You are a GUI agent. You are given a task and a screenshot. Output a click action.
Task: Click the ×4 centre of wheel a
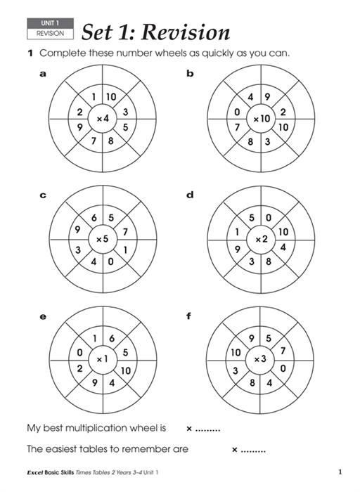point(103,119)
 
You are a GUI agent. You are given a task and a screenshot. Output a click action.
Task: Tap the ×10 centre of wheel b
point(262,119)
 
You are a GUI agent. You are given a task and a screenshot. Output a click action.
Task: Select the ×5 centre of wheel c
point(103,239)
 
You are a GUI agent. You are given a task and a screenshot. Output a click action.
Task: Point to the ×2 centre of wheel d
point(261,240)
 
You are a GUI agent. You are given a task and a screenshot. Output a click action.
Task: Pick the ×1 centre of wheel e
point(102,359)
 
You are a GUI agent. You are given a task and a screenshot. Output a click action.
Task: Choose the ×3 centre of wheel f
point(260,359)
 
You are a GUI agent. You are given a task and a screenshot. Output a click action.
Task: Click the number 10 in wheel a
point(111,97)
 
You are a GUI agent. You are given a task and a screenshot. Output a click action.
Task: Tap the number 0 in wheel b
point(237,112)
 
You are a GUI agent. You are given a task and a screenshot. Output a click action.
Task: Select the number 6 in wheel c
point(94,217)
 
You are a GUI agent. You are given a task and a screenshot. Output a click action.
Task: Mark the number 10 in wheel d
point(283,232)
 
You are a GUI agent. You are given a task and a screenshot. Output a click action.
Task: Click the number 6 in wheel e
point(112,338)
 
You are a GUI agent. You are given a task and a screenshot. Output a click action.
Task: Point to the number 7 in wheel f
point(283,351)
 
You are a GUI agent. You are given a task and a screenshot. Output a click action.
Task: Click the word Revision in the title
point(186,32)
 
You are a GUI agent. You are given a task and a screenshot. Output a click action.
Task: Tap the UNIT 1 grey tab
point(50,23)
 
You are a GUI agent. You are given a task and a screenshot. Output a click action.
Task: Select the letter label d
point(190,195)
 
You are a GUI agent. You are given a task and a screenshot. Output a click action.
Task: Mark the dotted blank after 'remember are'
point(253,451)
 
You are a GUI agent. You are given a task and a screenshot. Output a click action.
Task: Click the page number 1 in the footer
point(340,472)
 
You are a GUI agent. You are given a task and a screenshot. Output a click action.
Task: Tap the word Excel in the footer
point(35,472)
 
